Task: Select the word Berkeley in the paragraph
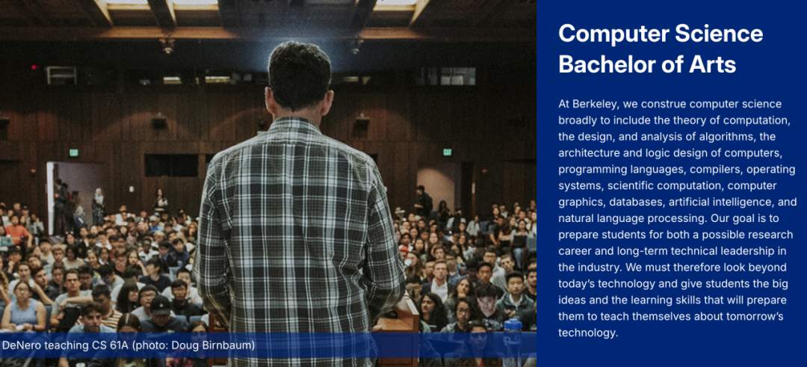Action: click(596, 104)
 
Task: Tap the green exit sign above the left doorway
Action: click(73, 152)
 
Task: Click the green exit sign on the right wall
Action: click(447, 152)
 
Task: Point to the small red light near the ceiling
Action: click(34, 67)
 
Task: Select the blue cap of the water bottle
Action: click(513, 325)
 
